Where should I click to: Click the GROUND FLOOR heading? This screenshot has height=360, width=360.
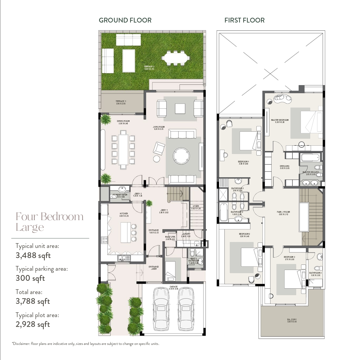[125, 20]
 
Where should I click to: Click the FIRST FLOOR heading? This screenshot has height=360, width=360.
[244, 20]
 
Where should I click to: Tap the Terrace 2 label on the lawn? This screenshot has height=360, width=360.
[149, 68]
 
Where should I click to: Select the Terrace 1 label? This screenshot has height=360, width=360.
[121, 102]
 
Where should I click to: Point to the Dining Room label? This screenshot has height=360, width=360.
[123, 122]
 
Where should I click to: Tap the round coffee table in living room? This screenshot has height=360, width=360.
[181, 156]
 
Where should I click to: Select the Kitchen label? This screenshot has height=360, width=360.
[124, 215]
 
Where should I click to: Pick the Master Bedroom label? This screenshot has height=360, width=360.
[280, 121]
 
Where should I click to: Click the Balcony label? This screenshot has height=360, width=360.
[292, 321]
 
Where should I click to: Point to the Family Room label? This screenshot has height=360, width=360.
[283, 213]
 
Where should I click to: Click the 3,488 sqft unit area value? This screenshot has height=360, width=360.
[33, 255]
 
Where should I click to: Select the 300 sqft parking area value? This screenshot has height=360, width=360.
[30, 278]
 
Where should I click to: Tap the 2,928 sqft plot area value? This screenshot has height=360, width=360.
[33, 324]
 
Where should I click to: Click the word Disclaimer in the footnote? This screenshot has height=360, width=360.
[21, 344]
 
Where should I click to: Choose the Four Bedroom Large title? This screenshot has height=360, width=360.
[49, 222]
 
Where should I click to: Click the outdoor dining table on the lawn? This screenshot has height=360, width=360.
[176, 57]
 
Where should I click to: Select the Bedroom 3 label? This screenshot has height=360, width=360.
[289, 258]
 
